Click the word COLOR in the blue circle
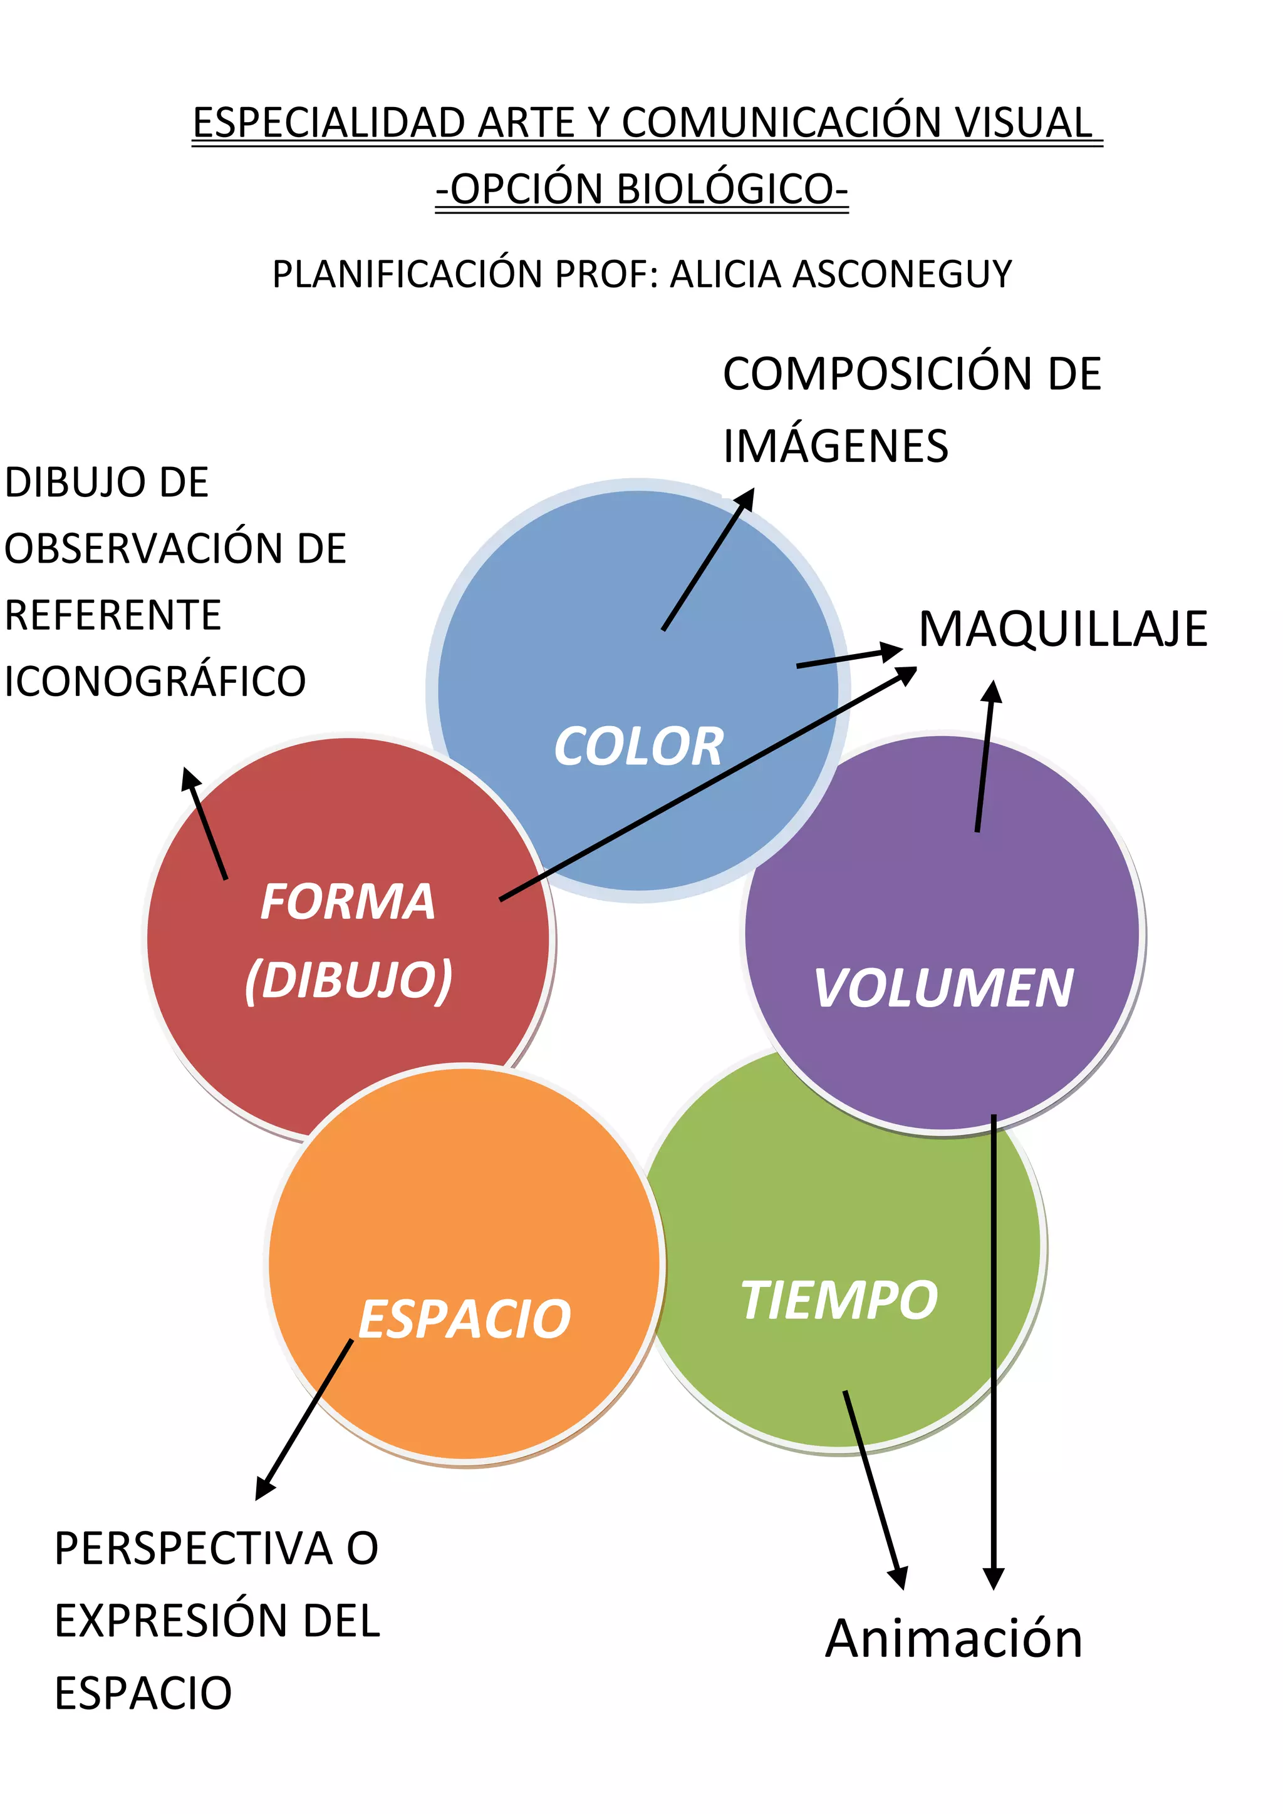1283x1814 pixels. (x=639, y=746)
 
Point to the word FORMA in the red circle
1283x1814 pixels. (x=348, y=901)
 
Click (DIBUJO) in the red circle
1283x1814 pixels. (x=348, y=980)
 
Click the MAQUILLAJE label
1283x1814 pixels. (x=1063, y=630)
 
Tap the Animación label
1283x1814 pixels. (x=953, y=1639)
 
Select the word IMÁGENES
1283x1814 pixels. (x=836, y=446)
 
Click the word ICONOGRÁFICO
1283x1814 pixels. (x=155, y=681)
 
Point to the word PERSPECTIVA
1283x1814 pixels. (x=193, y=1548)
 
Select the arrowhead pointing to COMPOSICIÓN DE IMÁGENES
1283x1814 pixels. (x=745, y=500)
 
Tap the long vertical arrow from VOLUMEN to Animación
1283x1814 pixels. (x=994, y=1343)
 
